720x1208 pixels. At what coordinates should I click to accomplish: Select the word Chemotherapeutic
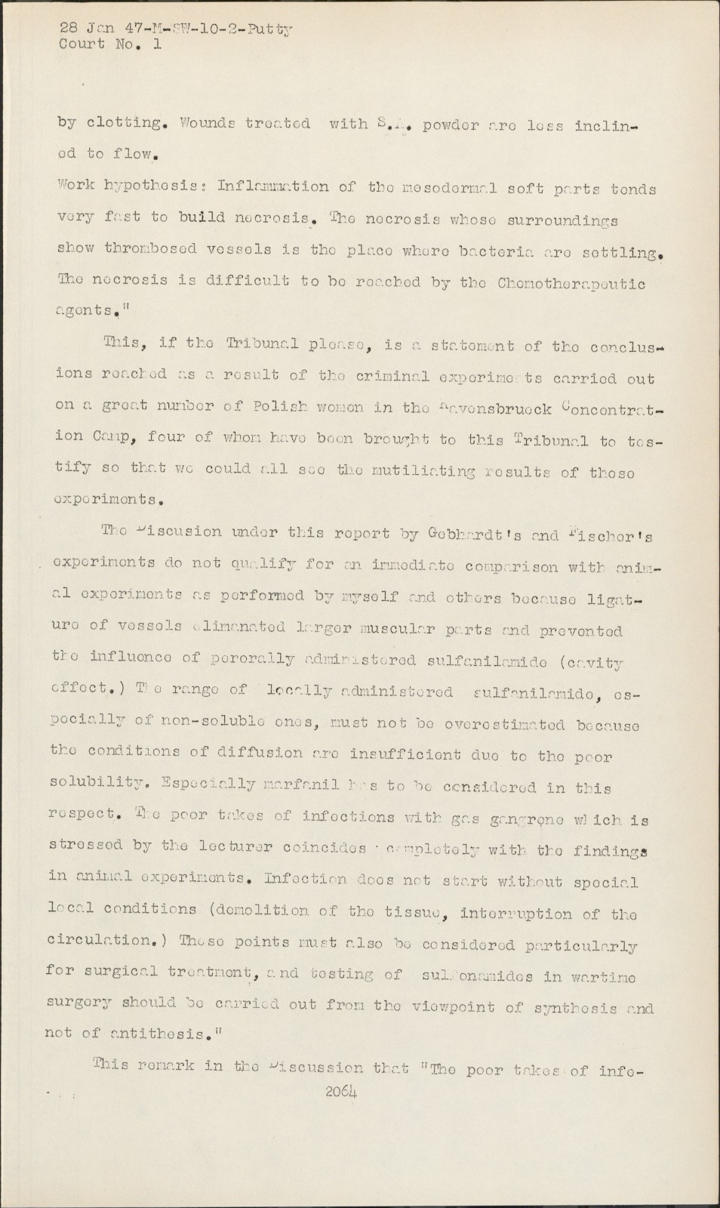(x=571, y=284)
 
